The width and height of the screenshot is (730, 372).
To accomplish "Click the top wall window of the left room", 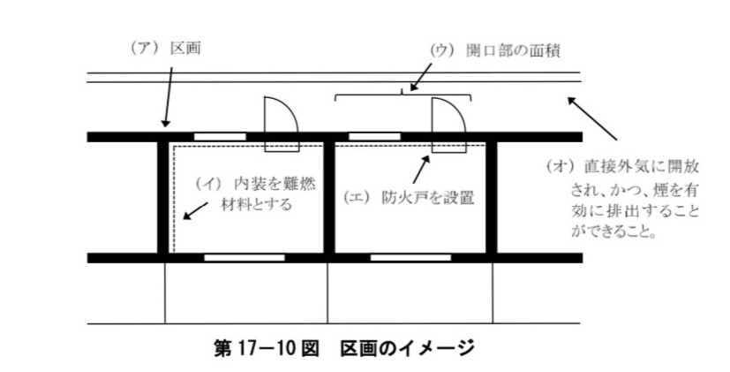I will click(220, 136).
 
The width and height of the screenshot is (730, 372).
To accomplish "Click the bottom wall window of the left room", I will click(245, 257).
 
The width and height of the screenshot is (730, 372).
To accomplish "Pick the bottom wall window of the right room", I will click(407, 257).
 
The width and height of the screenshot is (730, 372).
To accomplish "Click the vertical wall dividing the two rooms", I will click(327, 196).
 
